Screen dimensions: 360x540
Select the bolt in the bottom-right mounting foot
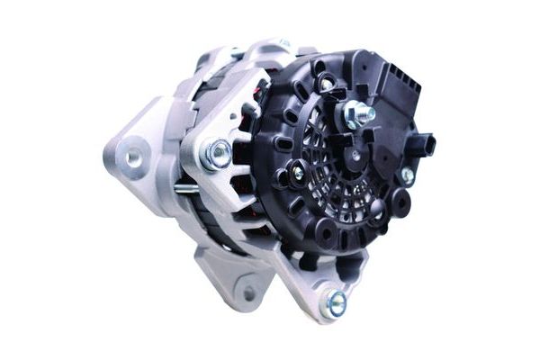pos(335,302)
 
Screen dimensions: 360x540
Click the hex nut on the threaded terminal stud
pos(357,112)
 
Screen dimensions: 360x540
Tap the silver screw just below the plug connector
pos(407,175)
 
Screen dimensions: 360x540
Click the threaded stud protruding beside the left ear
pos(185,189)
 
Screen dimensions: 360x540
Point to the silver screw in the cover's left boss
pos(298,172)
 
